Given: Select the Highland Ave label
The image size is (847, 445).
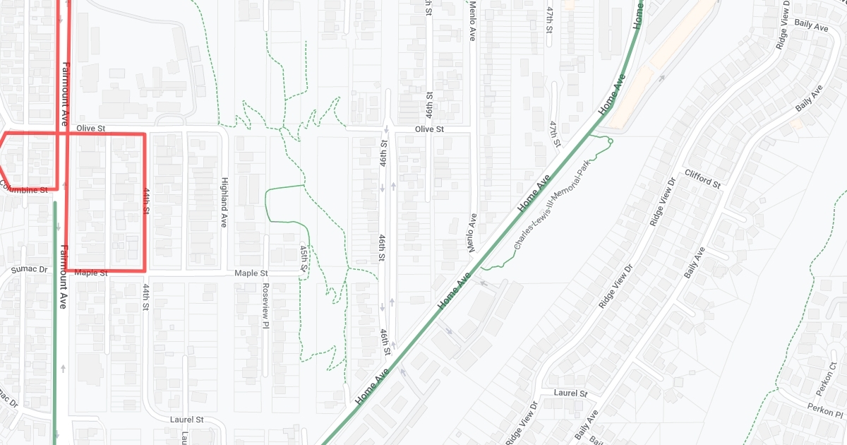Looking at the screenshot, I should point(224,202).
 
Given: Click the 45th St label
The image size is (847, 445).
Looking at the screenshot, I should point(304,259).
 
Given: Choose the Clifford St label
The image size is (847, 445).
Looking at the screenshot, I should point(702,179).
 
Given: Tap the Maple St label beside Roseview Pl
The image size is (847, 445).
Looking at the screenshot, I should point(251,273).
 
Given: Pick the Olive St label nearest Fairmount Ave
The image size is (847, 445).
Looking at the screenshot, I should point(90,129).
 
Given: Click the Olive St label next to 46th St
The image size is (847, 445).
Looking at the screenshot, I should point(429,129).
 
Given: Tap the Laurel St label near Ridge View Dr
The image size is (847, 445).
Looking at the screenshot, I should point(571,393).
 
